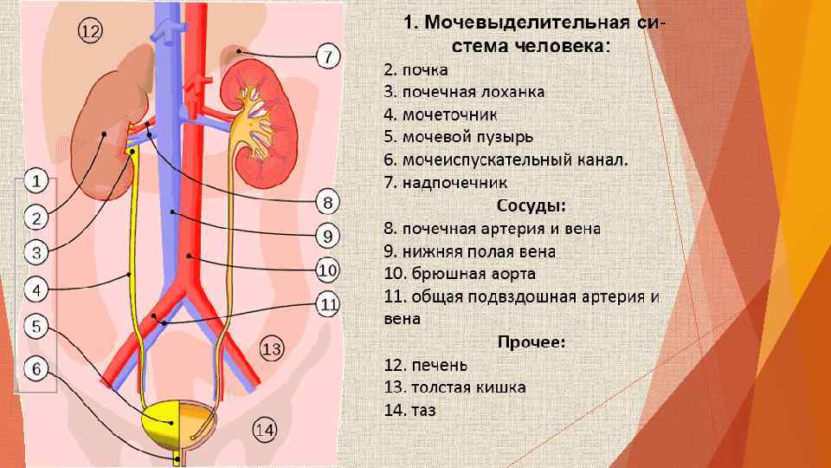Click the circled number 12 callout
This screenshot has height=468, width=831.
tap(90, 32)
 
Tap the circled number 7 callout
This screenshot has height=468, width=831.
tap(326, 57)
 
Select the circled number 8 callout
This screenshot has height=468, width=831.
tap(326, 203)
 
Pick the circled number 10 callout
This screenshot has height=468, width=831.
tap(326, 270)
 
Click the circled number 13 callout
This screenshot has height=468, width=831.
tap(271, 349)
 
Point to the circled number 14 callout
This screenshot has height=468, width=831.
tap(265, 428)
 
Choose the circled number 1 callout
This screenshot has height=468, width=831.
tap(35, 181)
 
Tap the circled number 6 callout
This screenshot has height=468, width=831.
tap(35, 369)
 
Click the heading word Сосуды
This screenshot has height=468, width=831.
tap(531, 206)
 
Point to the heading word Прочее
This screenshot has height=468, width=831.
tap(531, 341)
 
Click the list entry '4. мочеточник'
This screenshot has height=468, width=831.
tap(441, 114)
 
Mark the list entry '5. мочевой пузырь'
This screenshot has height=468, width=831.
tap(458, 137)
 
